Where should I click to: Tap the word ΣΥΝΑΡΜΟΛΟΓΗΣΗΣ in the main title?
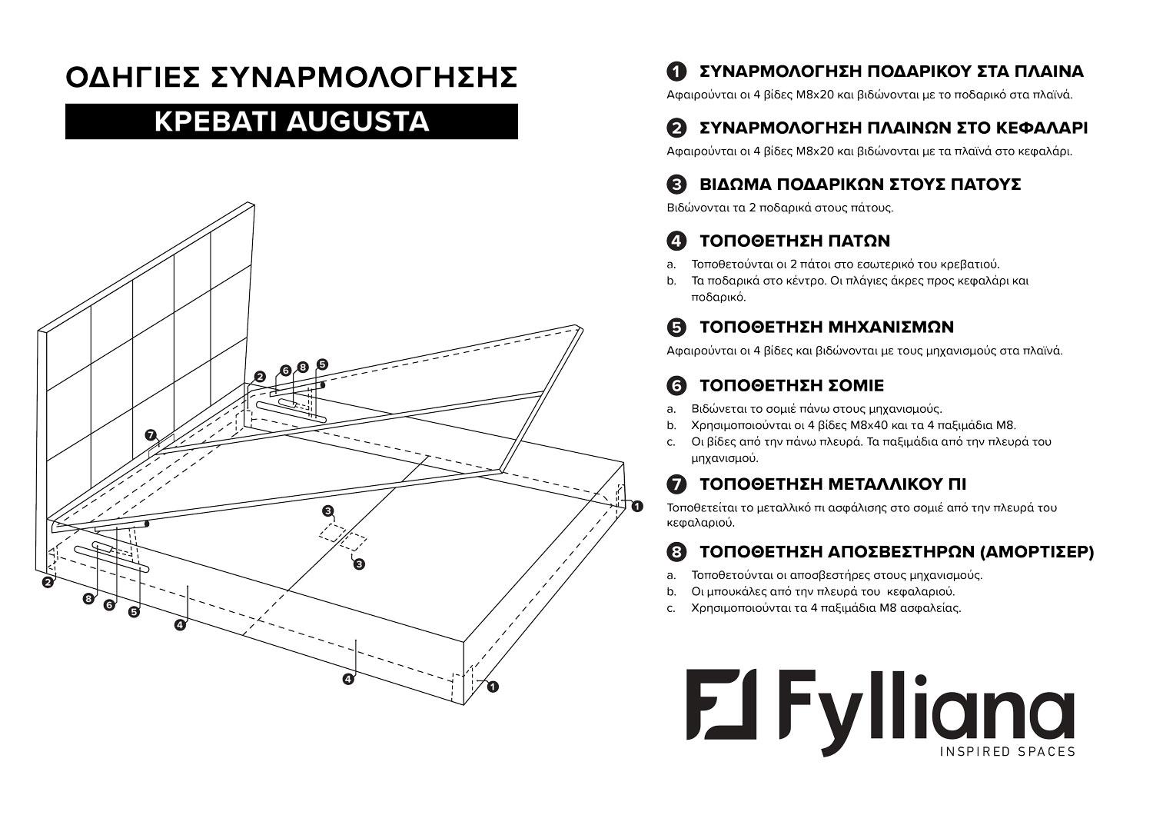coord(364,78)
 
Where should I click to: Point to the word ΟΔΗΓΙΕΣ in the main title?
coord(133,78)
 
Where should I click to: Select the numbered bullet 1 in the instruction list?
coord(676,72)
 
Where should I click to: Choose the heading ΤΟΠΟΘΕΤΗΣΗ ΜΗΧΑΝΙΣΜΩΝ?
coord(826,327)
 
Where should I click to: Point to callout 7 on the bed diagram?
coord(151,435)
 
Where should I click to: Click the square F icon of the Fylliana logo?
coord(722,703)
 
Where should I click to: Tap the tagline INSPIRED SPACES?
coord(1008,751)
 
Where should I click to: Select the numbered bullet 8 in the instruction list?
coord(676,552)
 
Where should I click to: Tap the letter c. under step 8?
coord(671,608)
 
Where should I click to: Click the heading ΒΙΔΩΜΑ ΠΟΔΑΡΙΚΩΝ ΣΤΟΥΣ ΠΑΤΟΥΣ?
coord(859,185)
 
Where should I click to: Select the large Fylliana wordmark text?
coord(926,703)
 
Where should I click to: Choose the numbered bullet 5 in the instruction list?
coord(676,328)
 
